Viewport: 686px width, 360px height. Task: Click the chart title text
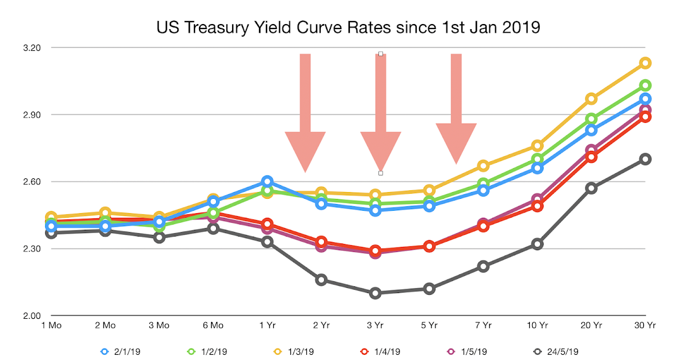coord(348,27)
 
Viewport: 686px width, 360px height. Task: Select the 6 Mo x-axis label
coord(213,326)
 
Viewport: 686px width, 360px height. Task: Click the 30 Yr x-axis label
coord(645,326)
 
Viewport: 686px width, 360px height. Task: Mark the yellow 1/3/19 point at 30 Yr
coord(645,63)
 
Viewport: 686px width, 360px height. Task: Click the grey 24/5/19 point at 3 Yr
coord(375,293)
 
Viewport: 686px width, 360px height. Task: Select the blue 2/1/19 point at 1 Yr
coord(267,182)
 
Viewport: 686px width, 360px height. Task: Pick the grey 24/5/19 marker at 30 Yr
coord(645,159)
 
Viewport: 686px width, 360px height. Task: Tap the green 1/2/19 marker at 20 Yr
coord(591,119)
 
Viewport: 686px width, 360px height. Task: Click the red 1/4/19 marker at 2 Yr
coord(321,242)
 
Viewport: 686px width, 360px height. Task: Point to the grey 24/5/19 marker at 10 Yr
coord(537,244)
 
